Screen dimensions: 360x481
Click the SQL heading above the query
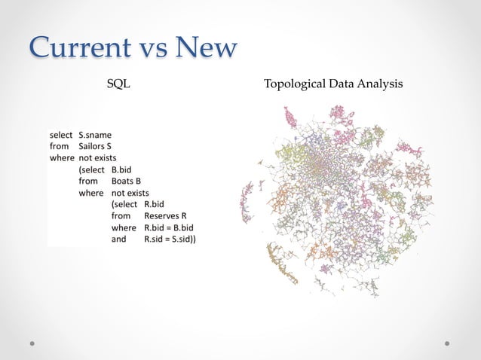(x=118, y=84)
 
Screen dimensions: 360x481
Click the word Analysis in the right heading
(x=381, y=84)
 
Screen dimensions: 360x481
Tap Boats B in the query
(x=126, y=181)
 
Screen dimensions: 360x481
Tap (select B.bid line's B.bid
(x=122, y=169)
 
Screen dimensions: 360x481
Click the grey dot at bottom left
(x=32, y=343)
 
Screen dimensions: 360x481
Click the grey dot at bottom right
(x=448, y=343)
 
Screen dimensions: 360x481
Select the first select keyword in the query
(x=61, y=135)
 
